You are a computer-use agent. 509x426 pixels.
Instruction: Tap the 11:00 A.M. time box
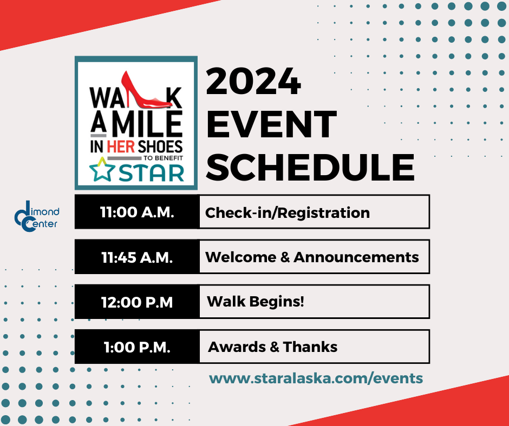coord(137,212)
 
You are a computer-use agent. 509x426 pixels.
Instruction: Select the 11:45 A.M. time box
coord(137,257)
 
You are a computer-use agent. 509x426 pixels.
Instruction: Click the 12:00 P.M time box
coord(137,302)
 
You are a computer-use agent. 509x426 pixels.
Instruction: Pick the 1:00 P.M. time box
coord(137,347)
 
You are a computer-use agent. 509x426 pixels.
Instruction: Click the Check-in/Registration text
coord(287,212)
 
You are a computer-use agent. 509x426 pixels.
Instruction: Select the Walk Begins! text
coord(256,301)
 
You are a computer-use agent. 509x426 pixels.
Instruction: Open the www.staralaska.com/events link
coord(316,378)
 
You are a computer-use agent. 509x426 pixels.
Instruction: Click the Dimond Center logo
coord(36,216)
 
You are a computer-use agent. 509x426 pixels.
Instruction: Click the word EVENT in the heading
coord(272,124)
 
